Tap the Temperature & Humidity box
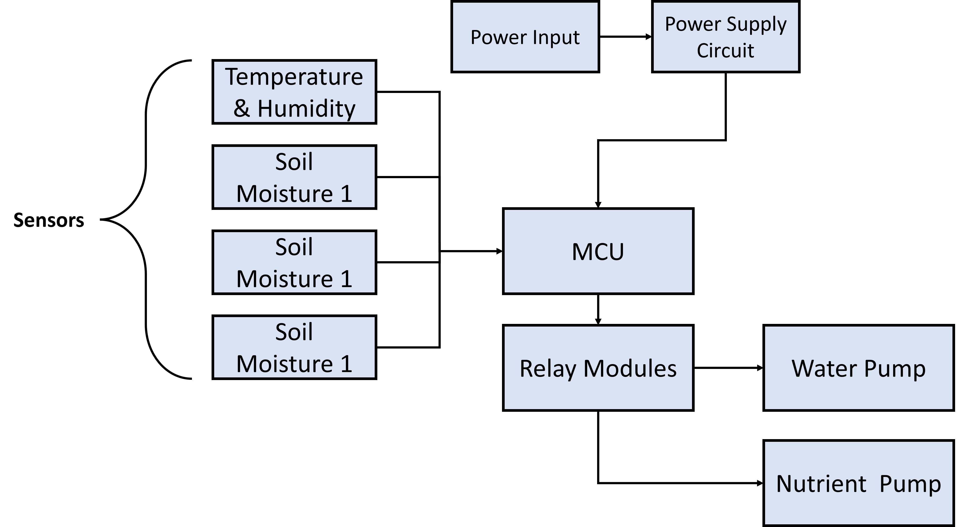pyautogui.click(x=294, y=92)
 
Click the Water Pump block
pyautogui.click(x=858, y=367)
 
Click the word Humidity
pyautogui.click(x=306, y=109)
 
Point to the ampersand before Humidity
pyautogui.click(x=242, y=109)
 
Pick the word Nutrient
pyautogui.click(x=821, y=484)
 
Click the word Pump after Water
pyautogui.click(x=895, y=369)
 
